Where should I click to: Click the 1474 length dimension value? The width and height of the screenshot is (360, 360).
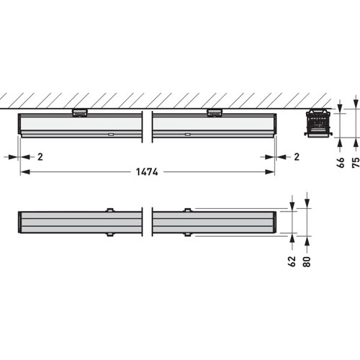[x=147, y=172]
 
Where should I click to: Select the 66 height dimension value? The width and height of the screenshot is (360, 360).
[x=341, y=163]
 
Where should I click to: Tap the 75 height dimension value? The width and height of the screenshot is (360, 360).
[x=356, y=163]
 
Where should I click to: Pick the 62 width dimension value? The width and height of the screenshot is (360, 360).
[x=292, y=261]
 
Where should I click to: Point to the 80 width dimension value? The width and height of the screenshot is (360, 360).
[x=307, y=261]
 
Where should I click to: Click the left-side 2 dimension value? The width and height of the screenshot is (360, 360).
[x=40, y=157]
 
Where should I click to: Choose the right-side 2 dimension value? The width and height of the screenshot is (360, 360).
[x=297, y=157]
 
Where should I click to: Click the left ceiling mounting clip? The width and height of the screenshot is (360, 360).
[x=80, y=112]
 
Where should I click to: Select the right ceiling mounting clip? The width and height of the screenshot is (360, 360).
[x=215, y=112]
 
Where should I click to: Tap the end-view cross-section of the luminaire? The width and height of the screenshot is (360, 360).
[x=318, y=124]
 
